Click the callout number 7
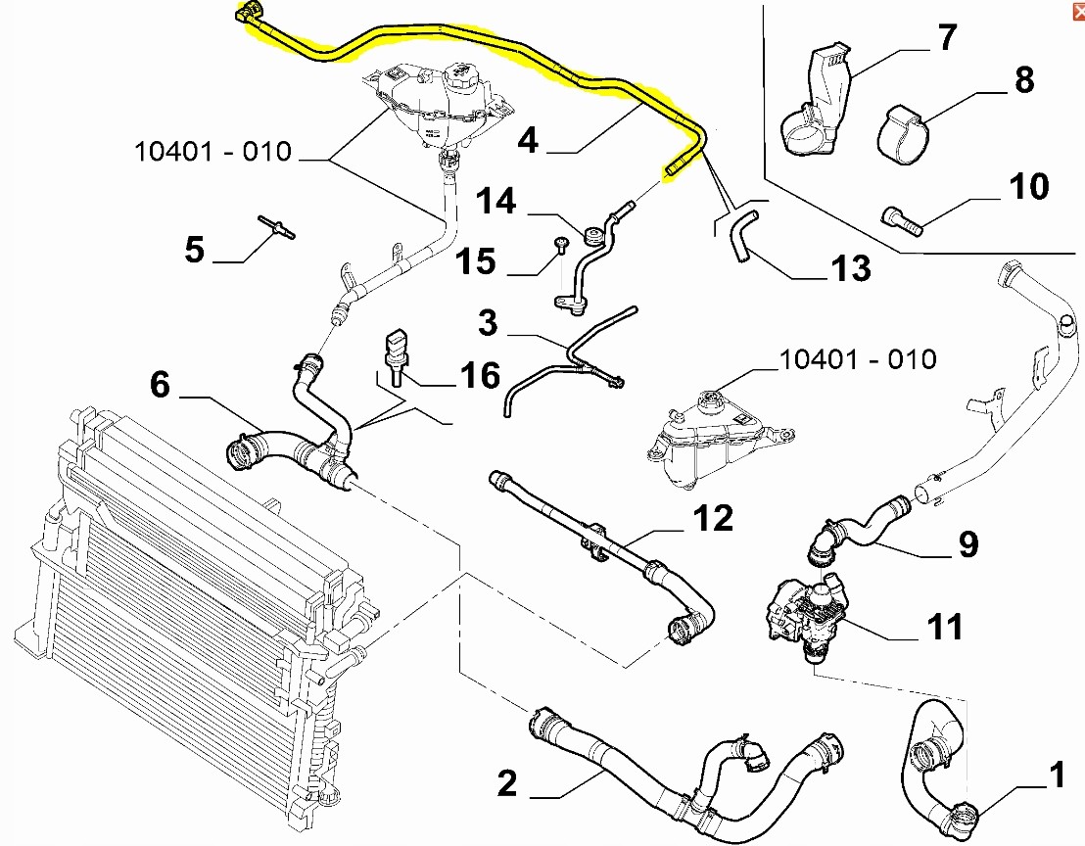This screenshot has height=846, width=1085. [947, 37]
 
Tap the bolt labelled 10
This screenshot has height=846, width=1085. [902, 220]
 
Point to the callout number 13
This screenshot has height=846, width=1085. [851, 268]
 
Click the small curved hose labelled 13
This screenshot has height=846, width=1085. [743, 235]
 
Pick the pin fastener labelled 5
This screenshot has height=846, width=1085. [277, 227]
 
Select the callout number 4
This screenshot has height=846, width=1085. [528, 140]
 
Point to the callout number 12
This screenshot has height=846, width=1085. [714, 518]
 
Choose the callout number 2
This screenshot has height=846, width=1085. [507, 783]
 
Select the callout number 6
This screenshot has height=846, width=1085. [160, 385]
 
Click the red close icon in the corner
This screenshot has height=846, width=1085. [1078, 11]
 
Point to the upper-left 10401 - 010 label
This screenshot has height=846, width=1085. [213, 152]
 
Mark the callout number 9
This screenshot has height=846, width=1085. [968, 544]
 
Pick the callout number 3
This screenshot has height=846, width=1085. [488, 323]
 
